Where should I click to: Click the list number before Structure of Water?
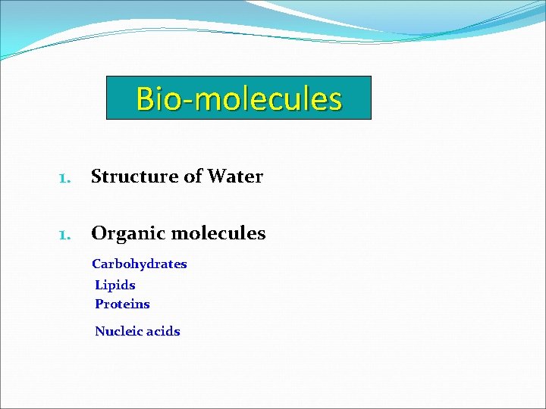[x=64, y=178]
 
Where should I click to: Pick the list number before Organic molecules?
[x=64, y=235]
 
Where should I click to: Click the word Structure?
[x=133, y=176]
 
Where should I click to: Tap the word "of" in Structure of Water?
[x=193, y=176]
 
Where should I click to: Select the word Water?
[x=235, y=176]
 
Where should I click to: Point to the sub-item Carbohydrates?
[x=140, y=264]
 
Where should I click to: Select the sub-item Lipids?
[x=115, y=286]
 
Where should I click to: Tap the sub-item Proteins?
[x=122, y=304]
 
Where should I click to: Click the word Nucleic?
[x=116, y=331]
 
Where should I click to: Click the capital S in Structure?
[x=96, y=176]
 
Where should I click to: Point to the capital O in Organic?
[x=99, y=233]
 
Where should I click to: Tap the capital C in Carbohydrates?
[x=96, y=264]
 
